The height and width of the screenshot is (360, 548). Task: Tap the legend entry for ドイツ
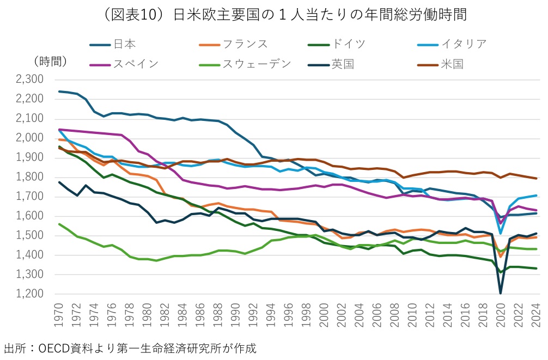349,44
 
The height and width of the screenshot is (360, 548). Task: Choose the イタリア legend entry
464,44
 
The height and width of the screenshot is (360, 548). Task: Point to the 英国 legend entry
342,64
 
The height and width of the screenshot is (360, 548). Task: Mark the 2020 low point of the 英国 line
500,293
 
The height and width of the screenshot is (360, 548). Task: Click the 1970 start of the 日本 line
59,91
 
